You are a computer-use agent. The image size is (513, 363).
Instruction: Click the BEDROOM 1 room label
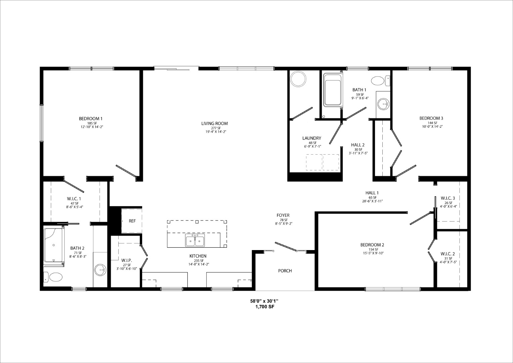tap(90, 119)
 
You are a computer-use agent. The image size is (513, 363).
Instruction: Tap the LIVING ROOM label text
tap(215, 124)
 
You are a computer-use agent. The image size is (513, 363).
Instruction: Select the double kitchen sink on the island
tap(195, 240)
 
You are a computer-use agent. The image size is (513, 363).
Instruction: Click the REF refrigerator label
tap(132, 221)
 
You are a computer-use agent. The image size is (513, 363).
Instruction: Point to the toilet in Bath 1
tap(380, 81)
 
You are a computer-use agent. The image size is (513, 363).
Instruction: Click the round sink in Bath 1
tap(383, 105)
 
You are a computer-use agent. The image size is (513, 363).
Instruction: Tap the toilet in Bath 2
tap(53, 277)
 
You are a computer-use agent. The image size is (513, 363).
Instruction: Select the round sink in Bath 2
tap(100, 270)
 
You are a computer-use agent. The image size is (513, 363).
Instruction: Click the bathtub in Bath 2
tap(54, 245)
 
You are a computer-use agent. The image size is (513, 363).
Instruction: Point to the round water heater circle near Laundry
tap(298, 79)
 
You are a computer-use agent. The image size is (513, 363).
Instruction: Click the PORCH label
tap(285, 271)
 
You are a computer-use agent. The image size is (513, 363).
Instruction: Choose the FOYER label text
tap(283, 215)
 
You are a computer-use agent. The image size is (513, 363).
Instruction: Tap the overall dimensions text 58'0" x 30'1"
tap(264, 301)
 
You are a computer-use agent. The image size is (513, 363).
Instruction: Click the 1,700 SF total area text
tap(265, 307)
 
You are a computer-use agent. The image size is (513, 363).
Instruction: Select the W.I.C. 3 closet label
tap(448, 198)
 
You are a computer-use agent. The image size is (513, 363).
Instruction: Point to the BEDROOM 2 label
tap(372, 245)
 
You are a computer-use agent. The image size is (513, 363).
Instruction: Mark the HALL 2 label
tap(358, 145)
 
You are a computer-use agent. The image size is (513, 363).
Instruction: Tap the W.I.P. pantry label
tap(127, 260)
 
